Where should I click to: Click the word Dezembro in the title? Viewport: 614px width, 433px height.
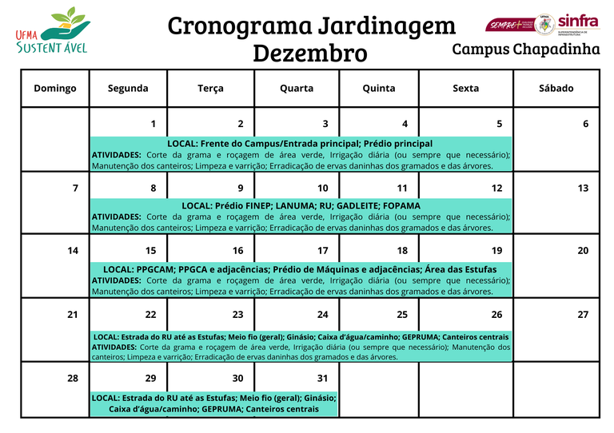310,54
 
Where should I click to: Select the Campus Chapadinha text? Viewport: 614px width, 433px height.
526,50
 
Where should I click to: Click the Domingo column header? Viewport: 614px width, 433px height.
55,88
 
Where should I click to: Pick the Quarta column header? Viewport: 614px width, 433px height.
297,88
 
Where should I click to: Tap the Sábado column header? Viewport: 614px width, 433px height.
556,88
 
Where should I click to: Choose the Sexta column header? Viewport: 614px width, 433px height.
466,88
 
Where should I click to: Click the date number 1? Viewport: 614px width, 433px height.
153,124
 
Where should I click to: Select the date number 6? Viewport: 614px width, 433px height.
585,124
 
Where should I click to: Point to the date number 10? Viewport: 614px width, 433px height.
322,189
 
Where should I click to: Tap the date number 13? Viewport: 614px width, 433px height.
583,189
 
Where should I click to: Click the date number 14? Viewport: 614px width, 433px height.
73,251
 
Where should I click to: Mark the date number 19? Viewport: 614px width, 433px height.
496,251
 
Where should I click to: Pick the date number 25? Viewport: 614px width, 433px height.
402,315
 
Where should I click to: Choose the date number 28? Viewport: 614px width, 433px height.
73,378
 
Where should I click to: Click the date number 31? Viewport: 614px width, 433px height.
322,378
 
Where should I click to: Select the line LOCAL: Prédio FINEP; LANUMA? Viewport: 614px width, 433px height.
301,205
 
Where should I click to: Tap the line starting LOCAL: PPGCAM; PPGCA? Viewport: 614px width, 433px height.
300,269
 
